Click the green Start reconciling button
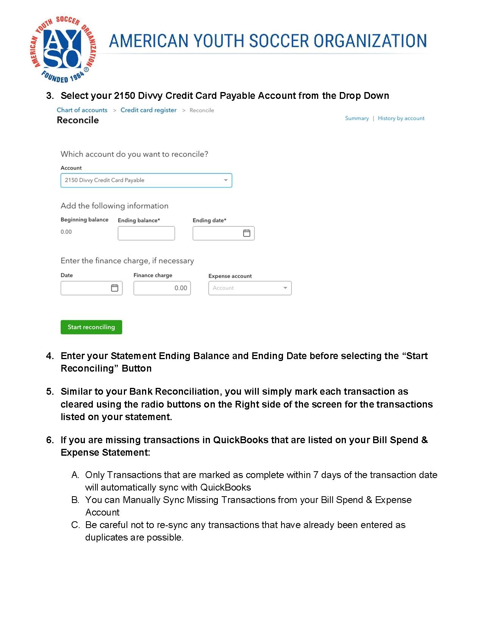(91, 327)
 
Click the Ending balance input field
(146, 233)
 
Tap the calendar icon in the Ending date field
(247, 233)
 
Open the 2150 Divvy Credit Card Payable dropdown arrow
(226, 180)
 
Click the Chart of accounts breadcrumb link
(82, 110)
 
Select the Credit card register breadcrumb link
(148, 110)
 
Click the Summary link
(357, 118)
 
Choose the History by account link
(401, 118)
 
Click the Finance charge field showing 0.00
(162, 288)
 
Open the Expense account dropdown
(250, 288)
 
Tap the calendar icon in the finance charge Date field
(114, 288)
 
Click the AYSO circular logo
(63, 49)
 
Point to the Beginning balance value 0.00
(66, 232)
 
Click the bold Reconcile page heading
(78, 120)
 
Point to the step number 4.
(50, 356)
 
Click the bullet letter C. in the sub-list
(75, 525)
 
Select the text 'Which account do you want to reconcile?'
(134, 154)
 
